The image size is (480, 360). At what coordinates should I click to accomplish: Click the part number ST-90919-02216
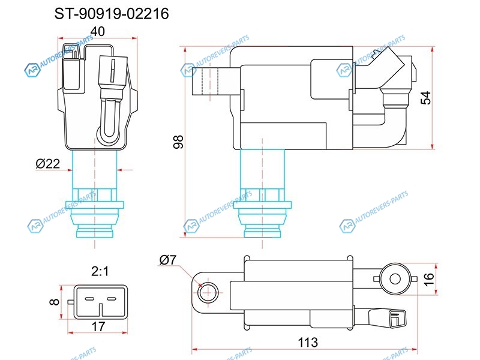(x=112, y=14)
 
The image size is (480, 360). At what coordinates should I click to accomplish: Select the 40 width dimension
(x=98, y=31)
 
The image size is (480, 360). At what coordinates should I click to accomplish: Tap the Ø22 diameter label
(x=48, y=164)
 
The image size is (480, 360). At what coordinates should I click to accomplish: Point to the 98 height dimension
(x=178, y=142)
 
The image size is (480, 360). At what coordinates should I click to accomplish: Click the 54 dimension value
(x=426, y=98)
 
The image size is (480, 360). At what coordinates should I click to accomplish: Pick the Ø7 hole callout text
(x=168, y=260)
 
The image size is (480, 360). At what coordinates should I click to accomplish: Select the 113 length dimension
(x=308, y=342)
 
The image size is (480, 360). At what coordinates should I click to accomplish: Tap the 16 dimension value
(x=429, y=279)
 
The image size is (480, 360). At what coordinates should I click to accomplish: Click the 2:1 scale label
(x=100, y=271)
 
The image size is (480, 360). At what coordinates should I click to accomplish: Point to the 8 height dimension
(x=54, y=302)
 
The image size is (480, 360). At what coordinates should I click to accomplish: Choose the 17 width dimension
(x=98, y=326)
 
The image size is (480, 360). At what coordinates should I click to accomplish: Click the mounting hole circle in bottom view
(x=208, y=293)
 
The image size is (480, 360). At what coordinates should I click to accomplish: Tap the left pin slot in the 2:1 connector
(x=89, y=298)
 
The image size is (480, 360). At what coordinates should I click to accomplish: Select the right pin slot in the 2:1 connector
(x=112, y=298)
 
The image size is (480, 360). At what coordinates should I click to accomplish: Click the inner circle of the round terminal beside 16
(x=395, y=279)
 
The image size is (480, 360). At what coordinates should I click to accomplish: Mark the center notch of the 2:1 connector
(x=100, y=310)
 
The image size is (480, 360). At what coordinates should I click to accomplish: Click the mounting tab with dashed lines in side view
(x=211, y=81)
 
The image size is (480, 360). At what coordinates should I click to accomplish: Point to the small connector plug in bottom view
(x=387, y=319)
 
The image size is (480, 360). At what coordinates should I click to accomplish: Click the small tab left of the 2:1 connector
(x=71, y=302)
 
